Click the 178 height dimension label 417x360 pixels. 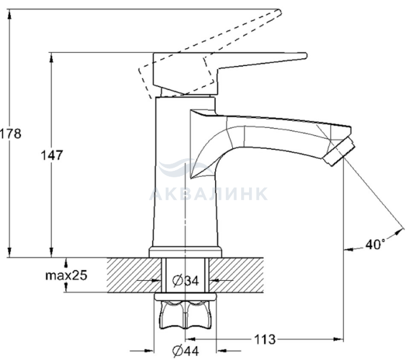coord(10,134)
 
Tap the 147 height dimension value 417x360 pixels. coord(52,155)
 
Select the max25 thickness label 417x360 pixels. coord(66,276)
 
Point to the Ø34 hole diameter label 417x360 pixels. coord(185,280)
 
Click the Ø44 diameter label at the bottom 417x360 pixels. coord(185,351)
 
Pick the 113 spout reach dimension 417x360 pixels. coord(264,339)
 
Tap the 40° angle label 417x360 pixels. coord(375,245)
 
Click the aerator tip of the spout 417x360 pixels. coord(340,152)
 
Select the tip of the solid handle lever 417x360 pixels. coord(306,56)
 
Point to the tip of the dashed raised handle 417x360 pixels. coord(279,12)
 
